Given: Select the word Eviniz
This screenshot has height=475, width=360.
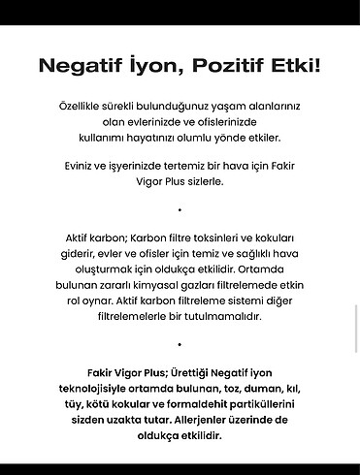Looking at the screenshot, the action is (77, 164).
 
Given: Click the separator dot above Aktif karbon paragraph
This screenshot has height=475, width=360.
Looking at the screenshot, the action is (180, 208).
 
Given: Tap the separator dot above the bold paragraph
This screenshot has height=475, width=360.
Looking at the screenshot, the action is (180, 343).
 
